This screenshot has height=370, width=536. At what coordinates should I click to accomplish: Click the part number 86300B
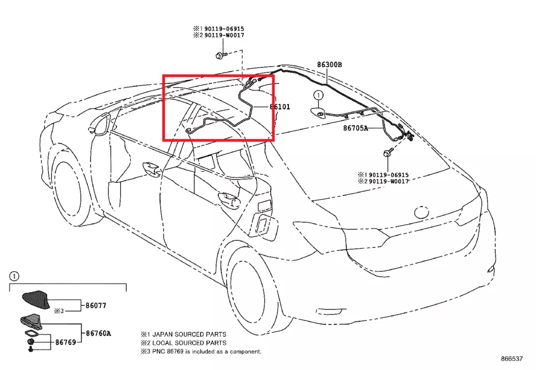[x=329, y=65]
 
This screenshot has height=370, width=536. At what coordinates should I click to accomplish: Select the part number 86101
[x=280, y=107]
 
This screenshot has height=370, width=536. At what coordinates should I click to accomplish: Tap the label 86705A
[x=356, y=128]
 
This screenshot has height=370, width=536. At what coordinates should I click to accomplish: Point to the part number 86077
[x=96, y=306]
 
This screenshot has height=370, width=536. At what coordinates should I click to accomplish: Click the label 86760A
[x=98, y=333]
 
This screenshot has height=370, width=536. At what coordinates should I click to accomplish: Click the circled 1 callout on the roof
[x=318, y=95]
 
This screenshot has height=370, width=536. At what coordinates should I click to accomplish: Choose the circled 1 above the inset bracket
[x=14, y=276]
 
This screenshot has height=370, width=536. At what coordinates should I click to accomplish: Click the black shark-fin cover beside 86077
[x=35, y=300]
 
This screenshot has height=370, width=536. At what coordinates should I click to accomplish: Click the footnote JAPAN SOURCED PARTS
[x=183, y=334]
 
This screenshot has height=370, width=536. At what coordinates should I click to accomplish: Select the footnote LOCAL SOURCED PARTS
[x=183, y=343]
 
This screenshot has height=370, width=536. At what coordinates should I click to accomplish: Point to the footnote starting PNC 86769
[x=201, y=351]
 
